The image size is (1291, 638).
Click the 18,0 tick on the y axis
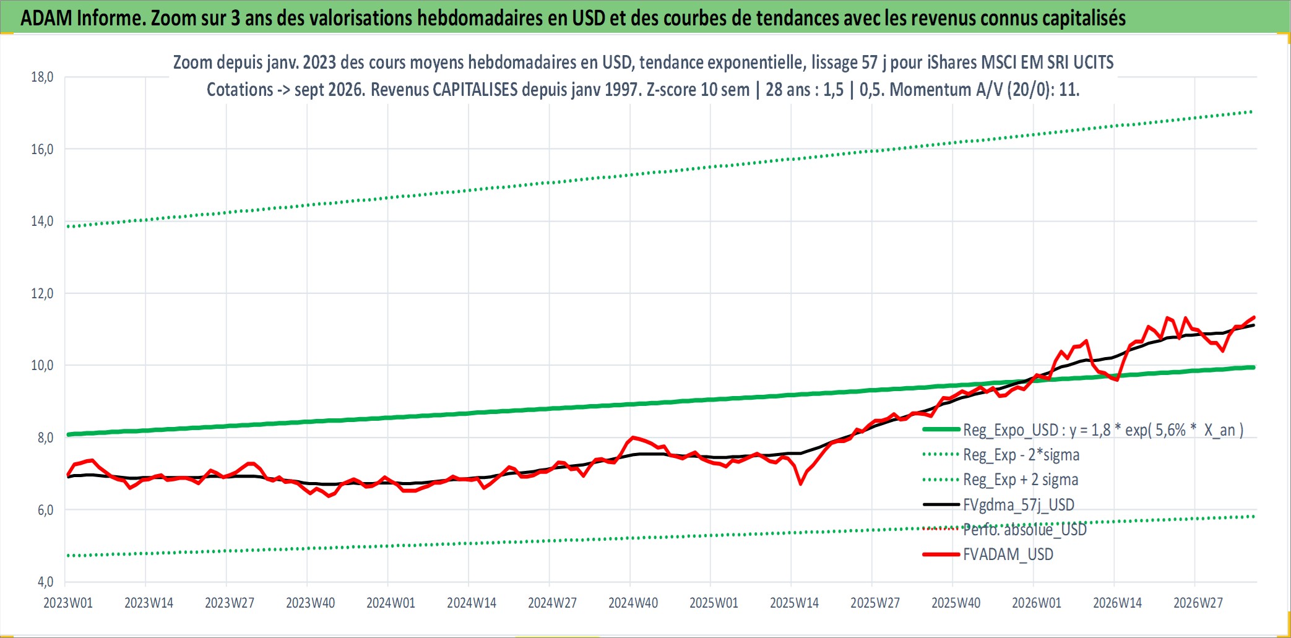42,77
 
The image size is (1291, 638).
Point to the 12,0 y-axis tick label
42,293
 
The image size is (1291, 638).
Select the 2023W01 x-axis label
68,603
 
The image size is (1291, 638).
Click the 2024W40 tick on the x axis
633,603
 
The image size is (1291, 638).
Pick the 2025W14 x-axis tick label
794,603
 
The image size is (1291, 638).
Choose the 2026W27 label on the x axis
1198,603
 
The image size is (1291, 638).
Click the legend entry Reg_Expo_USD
1083,430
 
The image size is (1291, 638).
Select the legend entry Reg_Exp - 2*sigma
1001,455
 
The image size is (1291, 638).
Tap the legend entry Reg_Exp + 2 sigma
1000,480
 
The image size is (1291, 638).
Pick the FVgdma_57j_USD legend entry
998,505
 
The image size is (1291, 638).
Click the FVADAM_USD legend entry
988,554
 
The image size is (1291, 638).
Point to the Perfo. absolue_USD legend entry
1004,530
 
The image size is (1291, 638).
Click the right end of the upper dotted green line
1252,111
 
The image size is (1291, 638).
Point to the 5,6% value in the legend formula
1170,430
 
